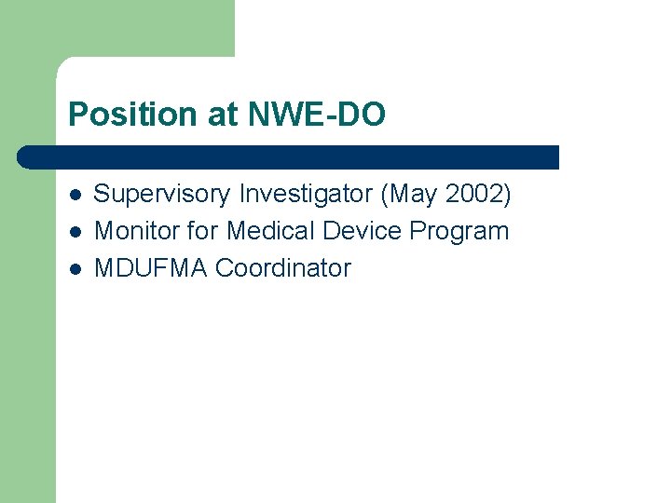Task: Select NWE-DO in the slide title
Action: coord(317,115)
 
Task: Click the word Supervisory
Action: coord(163,195)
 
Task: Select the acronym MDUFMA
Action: coord(152,267)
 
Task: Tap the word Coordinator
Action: coord(283,267)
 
